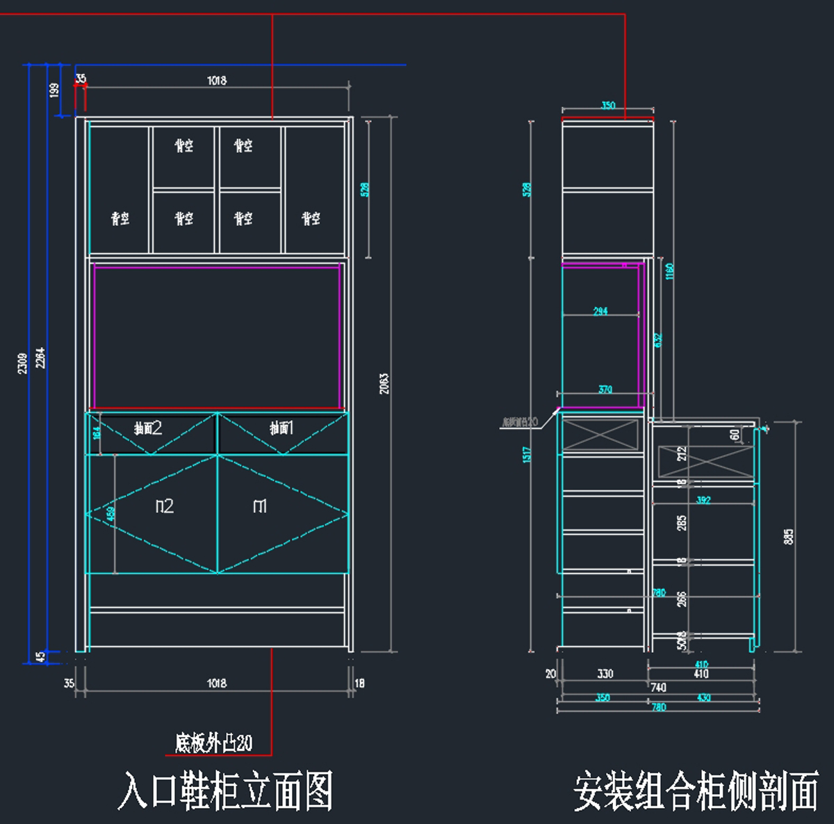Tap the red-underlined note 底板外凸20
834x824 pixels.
[213, 743]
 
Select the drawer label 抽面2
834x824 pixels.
[148, 428]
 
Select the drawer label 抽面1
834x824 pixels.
[281, 428]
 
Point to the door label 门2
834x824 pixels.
[164, 506]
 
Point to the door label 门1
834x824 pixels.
[260, 506]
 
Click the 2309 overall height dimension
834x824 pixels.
[23, 363]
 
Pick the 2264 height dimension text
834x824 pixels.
[41, 357]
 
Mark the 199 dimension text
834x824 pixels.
[54, 90]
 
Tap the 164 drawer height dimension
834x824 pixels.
[97, 432]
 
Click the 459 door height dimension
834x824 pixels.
[111, 514]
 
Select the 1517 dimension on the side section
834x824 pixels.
[528, 455]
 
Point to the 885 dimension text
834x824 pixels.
[788, 536]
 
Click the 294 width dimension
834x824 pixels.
[600, 311]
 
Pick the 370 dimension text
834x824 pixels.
[605, 389]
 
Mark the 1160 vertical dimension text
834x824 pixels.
[670, 271]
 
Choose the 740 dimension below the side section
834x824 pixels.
[658, 687]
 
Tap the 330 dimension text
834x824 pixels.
[605, 673]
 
